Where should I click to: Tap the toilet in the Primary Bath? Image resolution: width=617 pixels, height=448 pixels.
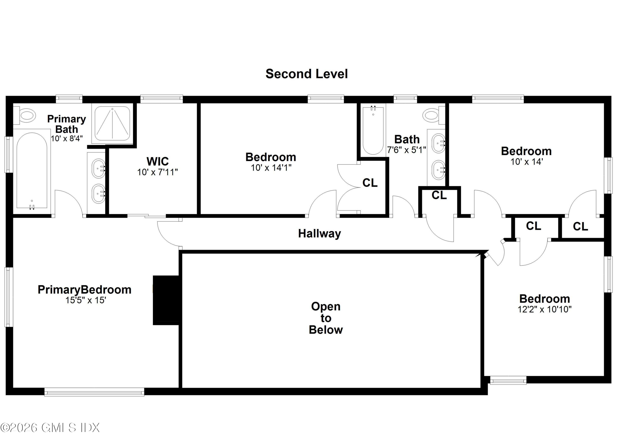(x=26, y=116)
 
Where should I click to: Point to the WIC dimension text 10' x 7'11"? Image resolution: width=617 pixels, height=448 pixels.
(x=157, y=172)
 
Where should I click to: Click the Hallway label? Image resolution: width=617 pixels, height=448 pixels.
(x=319, y=234)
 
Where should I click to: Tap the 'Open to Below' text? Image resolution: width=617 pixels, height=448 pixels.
(x=326, y=318)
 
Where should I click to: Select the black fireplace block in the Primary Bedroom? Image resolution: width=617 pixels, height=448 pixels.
(x=166, y=300)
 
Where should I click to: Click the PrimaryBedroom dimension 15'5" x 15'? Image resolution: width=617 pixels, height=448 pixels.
(x=85, y=300)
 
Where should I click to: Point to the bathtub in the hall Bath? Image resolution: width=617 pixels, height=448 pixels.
(x=373, y=130)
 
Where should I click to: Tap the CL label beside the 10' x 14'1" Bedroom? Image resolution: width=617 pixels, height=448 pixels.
(x=370, y=183)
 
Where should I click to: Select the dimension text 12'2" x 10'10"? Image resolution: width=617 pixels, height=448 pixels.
(x=544, y=309)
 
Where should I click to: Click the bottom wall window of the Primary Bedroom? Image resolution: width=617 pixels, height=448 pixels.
(x=94, y=392)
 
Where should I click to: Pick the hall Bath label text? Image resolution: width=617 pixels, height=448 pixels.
(x=407, y=139)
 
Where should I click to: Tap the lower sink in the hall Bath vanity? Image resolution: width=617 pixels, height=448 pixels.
(x=438, y=170)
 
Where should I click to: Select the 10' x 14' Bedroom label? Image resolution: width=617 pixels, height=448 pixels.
(x=526, y=151)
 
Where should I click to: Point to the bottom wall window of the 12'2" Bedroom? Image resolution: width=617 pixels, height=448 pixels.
(x=508, y=380)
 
